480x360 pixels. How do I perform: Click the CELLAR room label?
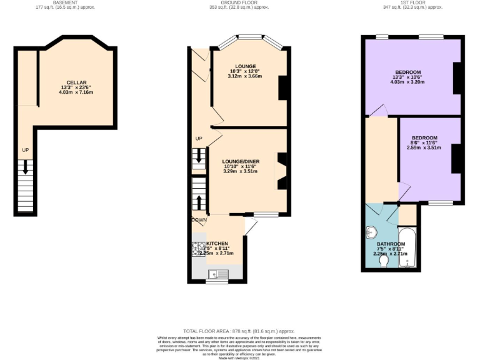pyautogui.click(x=77, y=82)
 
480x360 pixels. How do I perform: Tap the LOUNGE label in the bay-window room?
pyautogui.click(x=245, y=66)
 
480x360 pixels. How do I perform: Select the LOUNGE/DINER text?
pyautogui.click(x=241, y=161)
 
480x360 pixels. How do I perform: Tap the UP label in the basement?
pyautogui.click(x=25, y=151)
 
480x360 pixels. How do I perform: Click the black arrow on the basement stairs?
pyautogui.click(x=25, y=166)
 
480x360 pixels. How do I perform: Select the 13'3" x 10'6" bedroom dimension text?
pyautogui.click(x=407, y=77)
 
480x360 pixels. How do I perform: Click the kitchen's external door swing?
pyautogui.click(x=250, y=226)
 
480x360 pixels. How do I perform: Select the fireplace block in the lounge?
pyautogui.click(x=282, y=87)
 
